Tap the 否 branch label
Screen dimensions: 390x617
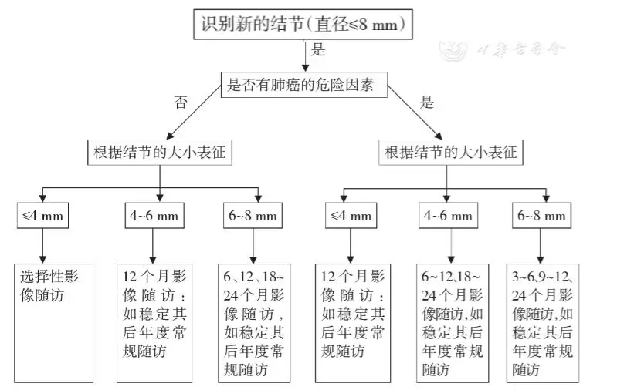click(x=181, y=103)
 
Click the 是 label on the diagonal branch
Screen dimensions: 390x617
click(x=426, y=102)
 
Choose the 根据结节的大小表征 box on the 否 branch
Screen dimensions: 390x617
click(x=160, y=152)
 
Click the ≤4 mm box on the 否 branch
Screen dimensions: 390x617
click(x=42, y=216)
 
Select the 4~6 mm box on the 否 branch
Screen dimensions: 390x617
click(x=152, y=216)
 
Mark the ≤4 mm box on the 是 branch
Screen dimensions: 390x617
click(x=351, y=216)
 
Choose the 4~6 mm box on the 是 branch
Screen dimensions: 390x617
click(x=446, y=216)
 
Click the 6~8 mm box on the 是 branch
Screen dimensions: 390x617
click(x=544, y=216)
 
